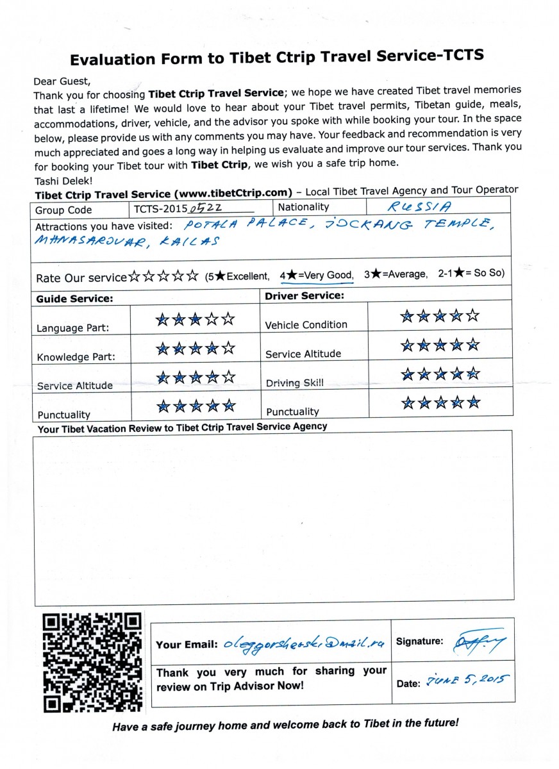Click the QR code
click(x=92, y=663)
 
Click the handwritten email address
click(x=305, y=644)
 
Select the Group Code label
click(x=63, y=210)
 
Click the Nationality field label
click(x=303, y=207)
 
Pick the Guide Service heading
click(x=74, y=299)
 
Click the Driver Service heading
click(x=304, y=296)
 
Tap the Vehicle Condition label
click(x=306, y=325)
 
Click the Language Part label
click(x=72, y=328)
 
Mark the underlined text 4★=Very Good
click(x=317, y=275)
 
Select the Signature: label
click(x=419, y=641)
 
